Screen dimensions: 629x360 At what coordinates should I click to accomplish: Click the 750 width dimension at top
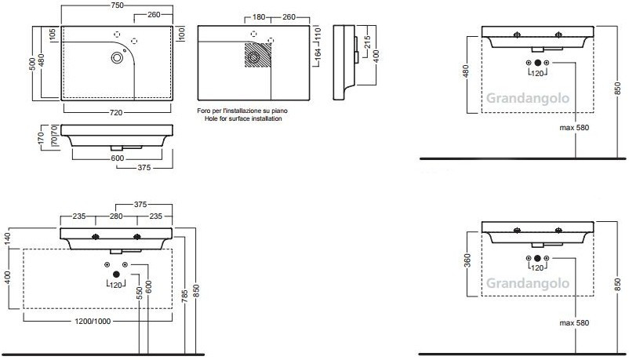point(117,5)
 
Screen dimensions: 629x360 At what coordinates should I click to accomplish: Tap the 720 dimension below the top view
point(116,113)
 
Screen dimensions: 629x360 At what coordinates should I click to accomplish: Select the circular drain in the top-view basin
point(117,58)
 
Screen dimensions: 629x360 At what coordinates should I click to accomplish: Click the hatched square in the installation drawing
point(258,55)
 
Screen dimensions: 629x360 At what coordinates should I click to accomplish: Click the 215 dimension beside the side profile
point(368,42)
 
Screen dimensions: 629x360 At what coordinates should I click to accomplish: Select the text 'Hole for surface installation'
point(243,118)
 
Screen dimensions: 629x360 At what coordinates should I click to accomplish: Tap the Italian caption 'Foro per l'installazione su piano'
point(242,111)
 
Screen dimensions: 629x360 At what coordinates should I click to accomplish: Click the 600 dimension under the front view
point(117,158)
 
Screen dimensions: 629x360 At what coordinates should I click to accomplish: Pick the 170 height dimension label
point(42,138)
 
